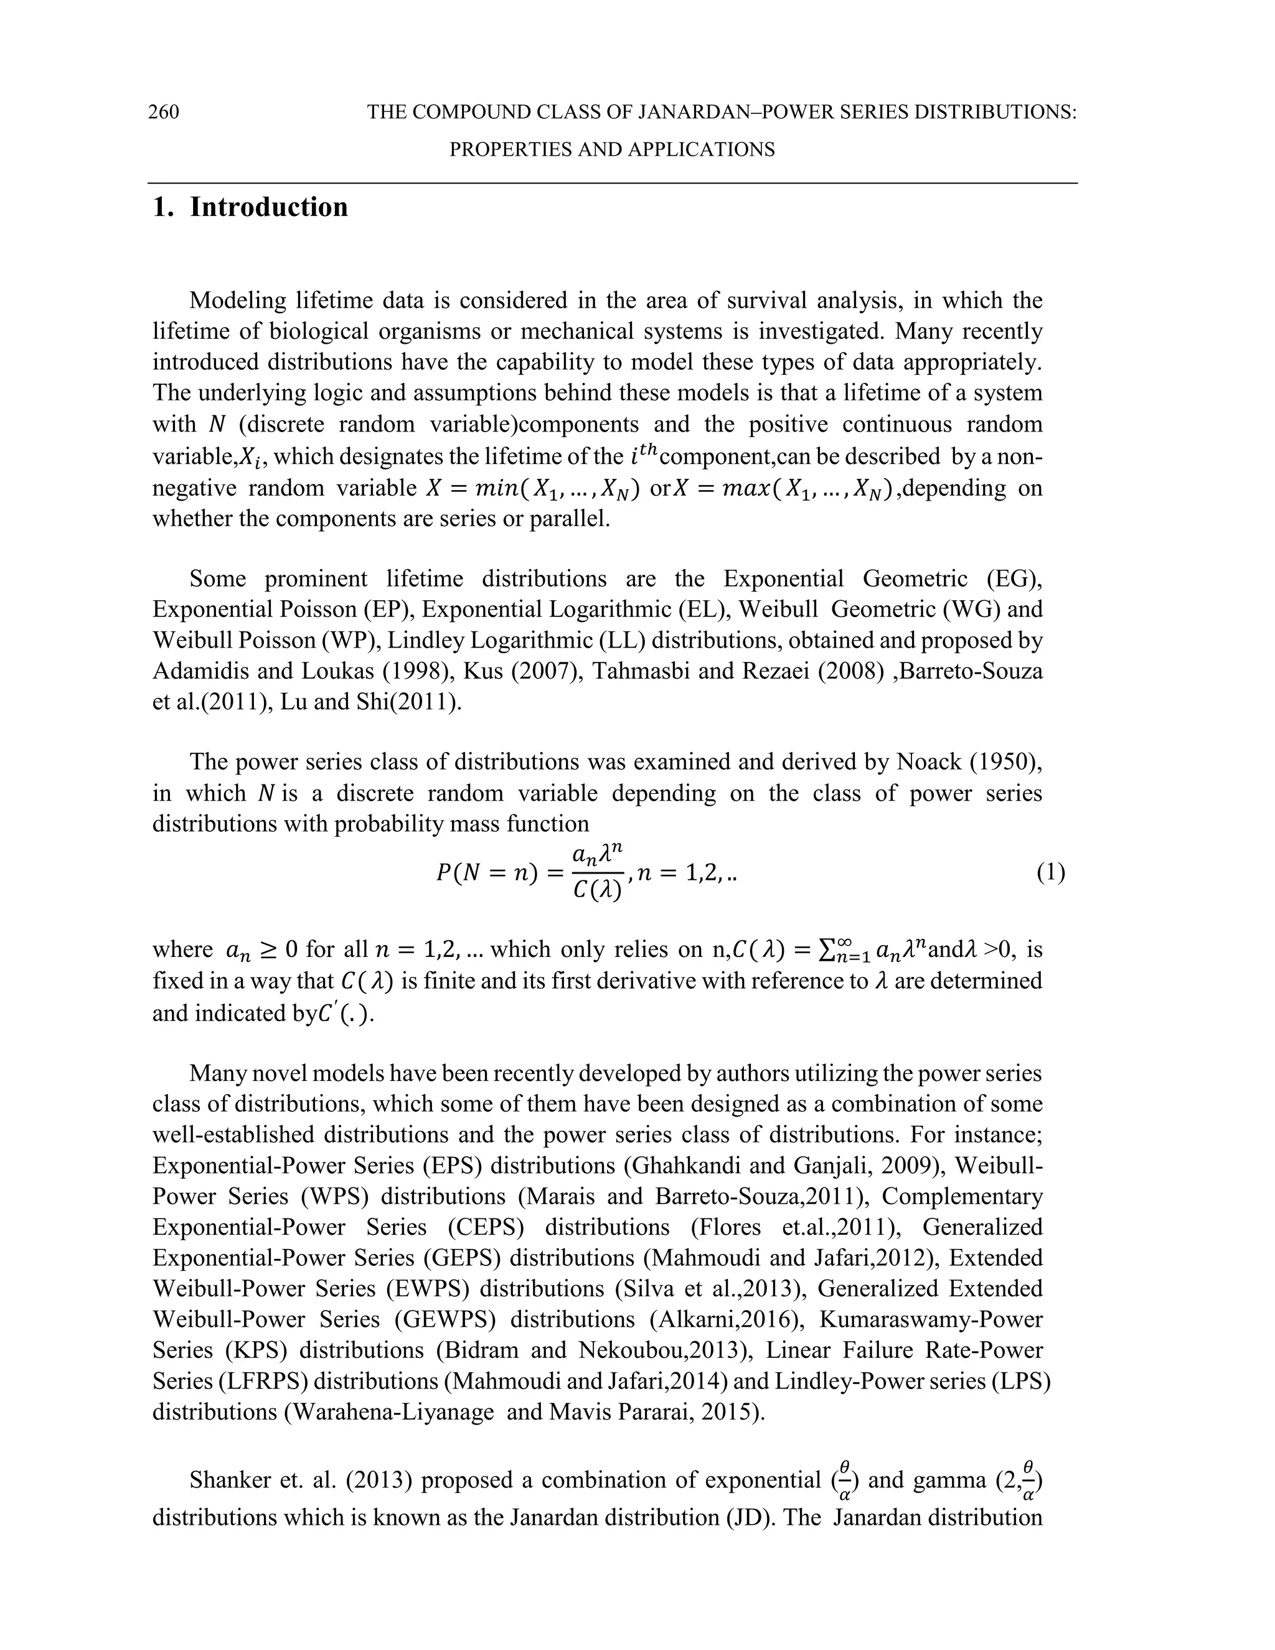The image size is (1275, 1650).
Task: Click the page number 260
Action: [163, 113]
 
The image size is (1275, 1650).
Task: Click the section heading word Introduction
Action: [268, 207]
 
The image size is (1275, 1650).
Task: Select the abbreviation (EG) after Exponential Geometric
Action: [1014, 578]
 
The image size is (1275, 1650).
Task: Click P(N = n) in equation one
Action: [486, 874]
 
